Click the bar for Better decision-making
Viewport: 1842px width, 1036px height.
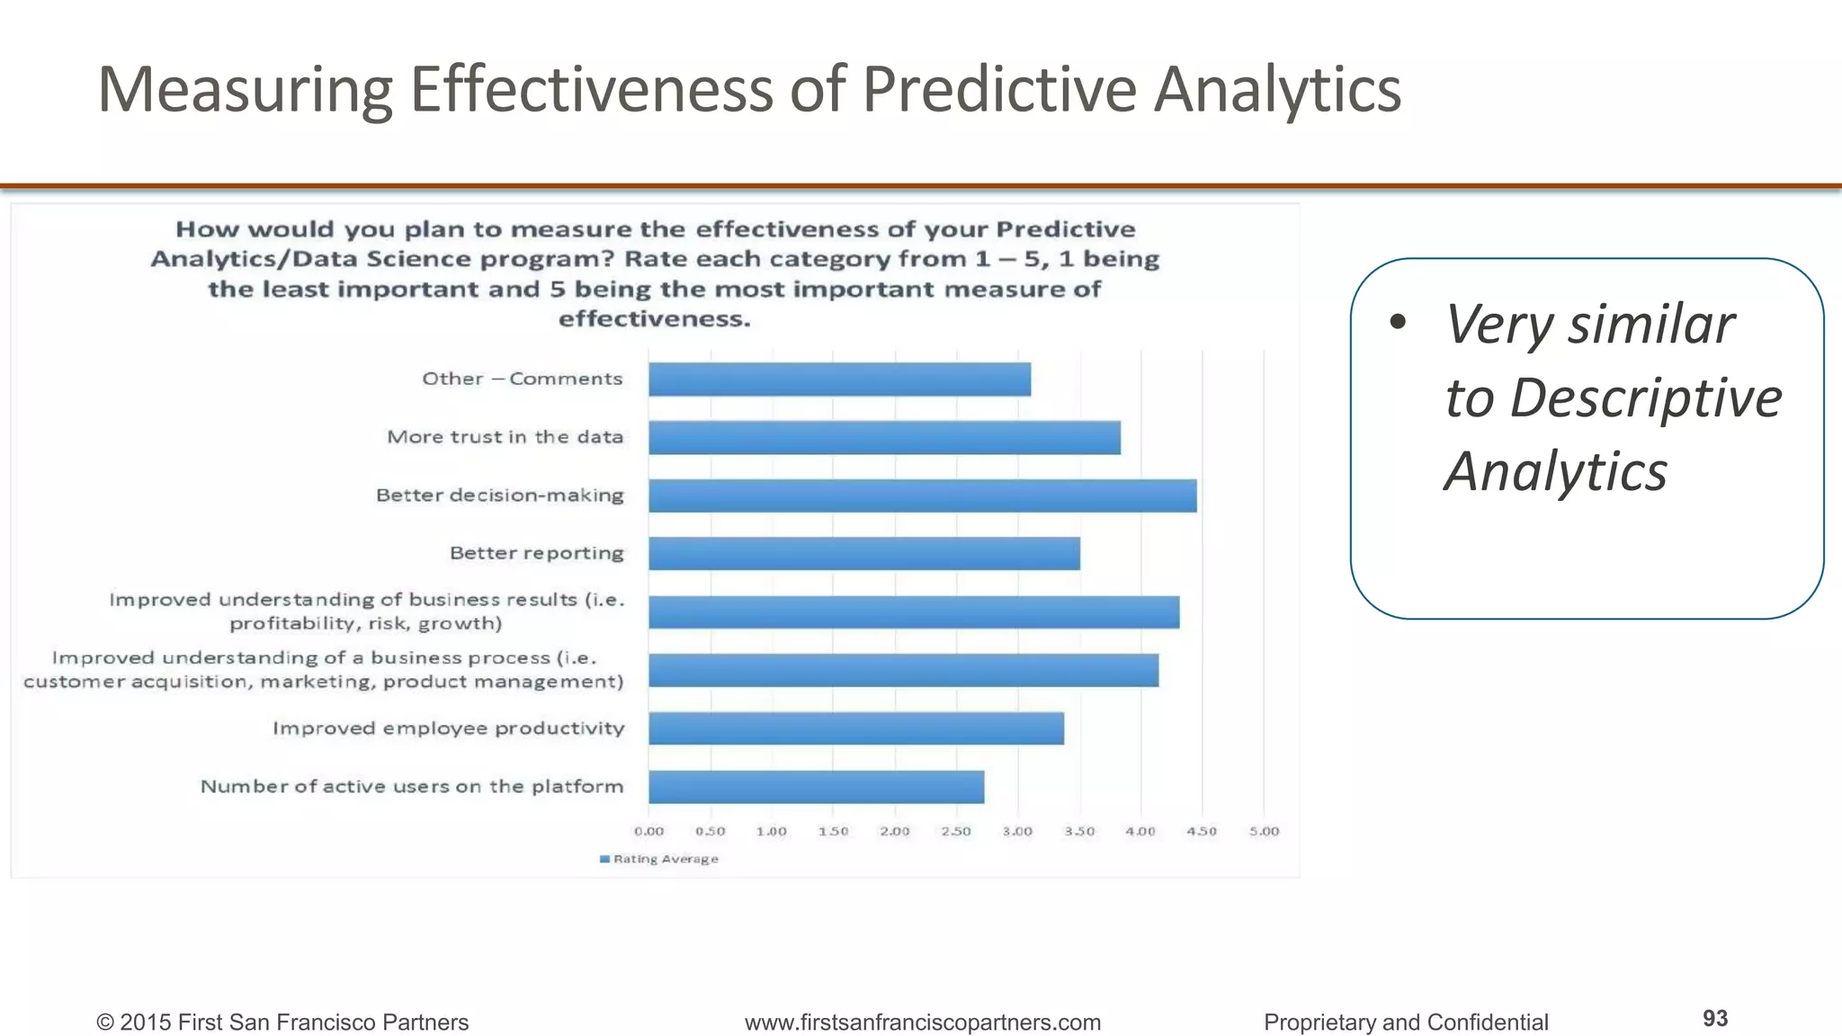tap(922, 496)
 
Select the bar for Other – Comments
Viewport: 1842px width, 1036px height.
tap(839, 380)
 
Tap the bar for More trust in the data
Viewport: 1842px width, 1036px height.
tap(884, 438)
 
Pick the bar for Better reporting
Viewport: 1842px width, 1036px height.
tap(863, 553)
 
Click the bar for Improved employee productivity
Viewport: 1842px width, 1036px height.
tap(855, 728)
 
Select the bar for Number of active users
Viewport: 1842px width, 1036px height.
tap(816, 787)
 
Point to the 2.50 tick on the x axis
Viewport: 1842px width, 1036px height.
tap(955, 831)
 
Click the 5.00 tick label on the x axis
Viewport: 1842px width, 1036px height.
tap(1264, 831)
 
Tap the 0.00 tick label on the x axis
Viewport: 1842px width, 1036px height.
tap(648, 831)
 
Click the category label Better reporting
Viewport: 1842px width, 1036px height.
tap(536, 553)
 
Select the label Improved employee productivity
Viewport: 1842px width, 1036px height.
tap(448, 728)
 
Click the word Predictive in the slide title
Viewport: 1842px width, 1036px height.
tap(998, 89)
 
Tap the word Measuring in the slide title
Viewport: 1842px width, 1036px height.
tap(245, 89)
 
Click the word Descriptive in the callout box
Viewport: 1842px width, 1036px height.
tap(1645, 397)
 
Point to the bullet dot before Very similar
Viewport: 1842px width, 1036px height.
tap(1396, 323)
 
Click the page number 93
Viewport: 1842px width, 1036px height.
tap(1714, 1018)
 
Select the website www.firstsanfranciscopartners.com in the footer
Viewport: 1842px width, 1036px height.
tap(922, 1023)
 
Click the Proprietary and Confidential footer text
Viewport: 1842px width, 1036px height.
tap(1405, 1023)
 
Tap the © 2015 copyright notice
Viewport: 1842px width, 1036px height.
tap(282, 1023)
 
